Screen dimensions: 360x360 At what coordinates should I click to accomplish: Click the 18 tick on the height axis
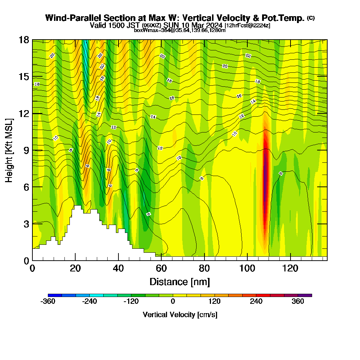[x=24, y=40]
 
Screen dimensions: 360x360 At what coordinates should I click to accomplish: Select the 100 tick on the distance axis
[x=247, y=268]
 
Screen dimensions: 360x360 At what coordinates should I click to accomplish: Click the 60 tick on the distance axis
[x=161, y=268]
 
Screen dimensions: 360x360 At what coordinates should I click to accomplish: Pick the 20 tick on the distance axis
[x=75, y=268]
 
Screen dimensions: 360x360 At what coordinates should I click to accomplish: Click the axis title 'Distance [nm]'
[x=180, y=282]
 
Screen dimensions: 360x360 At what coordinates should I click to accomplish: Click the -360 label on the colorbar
[x=48, y=302]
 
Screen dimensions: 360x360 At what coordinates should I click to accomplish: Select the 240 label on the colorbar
[x=256, y=302]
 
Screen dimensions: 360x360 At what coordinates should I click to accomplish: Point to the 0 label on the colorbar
[x=173, y=302]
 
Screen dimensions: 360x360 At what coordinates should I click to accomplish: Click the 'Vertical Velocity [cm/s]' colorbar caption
[x=180, y=315]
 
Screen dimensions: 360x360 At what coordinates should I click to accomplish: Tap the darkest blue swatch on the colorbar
[x=55, y=295]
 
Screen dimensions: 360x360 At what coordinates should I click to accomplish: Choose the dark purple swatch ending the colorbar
[x=305, y=295]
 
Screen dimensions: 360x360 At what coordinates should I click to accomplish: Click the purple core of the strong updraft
[x=266, y=173]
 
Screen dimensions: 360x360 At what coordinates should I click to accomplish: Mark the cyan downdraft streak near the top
[x=86, y=54]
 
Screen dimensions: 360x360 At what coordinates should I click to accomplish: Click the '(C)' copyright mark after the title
[x=311, y=18]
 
